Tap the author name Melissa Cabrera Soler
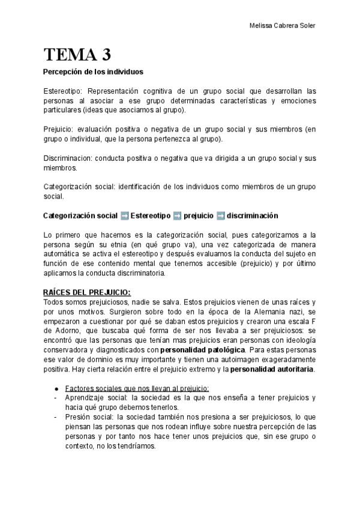[281, 25]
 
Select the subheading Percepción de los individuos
[93, 72]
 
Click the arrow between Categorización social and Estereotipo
[124, 215]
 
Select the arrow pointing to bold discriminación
[220, 215]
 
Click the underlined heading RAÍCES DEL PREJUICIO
[87, 292]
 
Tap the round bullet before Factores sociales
[56, 388]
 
